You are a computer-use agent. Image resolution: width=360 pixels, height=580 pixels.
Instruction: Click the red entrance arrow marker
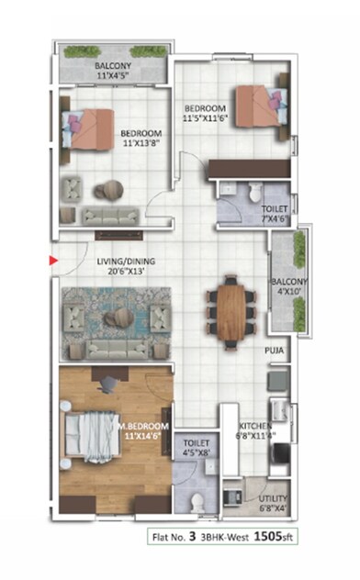click(x=53, y=261)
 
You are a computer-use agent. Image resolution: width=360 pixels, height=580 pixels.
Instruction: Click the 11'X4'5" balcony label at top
click(x=115, y=72)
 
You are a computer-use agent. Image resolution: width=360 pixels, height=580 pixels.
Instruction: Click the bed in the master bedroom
click(x=92, y=431)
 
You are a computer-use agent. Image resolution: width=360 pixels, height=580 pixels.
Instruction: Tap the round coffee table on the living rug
click(x=117, y=318)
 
